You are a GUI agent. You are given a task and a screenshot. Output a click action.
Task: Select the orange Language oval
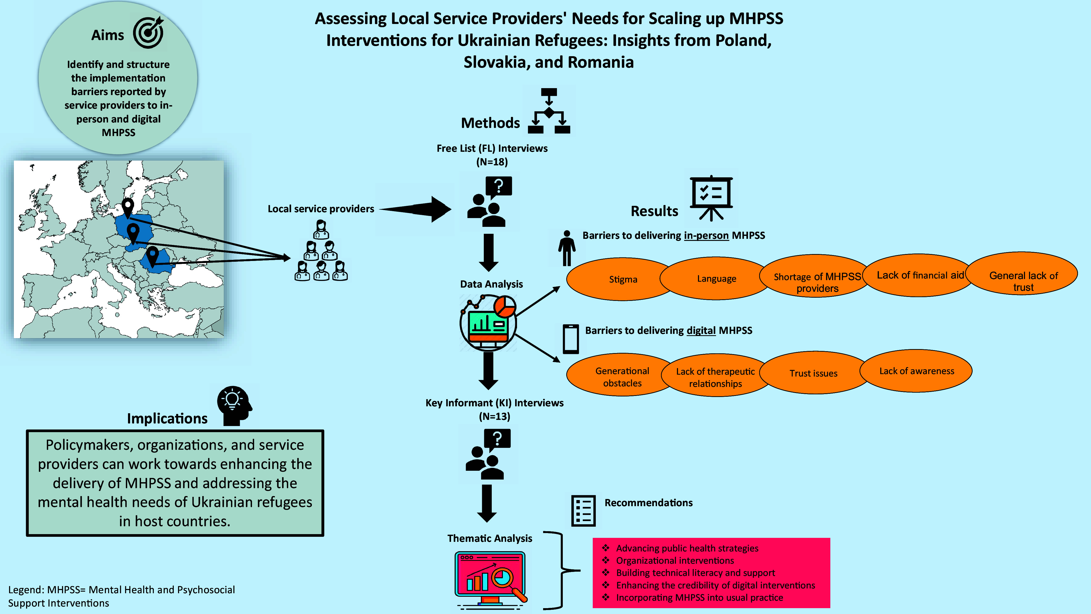pyautogui.click(x=716, y=279)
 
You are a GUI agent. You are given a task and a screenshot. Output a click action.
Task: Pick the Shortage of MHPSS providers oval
pyautogui.click(x=817, y=282)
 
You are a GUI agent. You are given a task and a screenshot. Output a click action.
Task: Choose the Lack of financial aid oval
pyautogui.click(x=920, y=275)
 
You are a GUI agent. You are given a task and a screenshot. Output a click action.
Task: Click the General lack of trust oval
pyautogui.click(x=1023, y=281)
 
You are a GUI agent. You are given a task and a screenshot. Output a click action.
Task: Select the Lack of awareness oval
pyautogui.click(x=916, y=371)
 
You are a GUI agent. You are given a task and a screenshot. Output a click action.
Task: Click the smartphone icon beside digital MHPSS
pyautogui.click(x=571, y=339)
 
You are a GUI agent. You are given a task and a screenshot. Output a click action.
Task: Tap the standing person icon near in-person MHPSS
pyautogui.click(x=567, y=248)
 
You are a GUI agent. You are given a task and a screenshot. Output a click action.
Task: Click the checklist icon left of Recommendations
pyautogui.click(x=583, y=511)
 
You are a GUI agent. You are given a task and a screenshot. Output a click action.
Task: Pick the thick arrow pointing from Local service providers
pyautogui.click(x=417, y=209)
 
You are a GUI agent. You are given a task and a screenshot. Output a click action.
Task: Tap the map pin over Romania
pyautogui.click(x=152, y=256)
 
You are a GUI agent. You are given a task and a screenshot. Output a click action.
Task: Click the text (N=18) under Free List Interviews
pyautogui.click(x=492, y=162)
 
